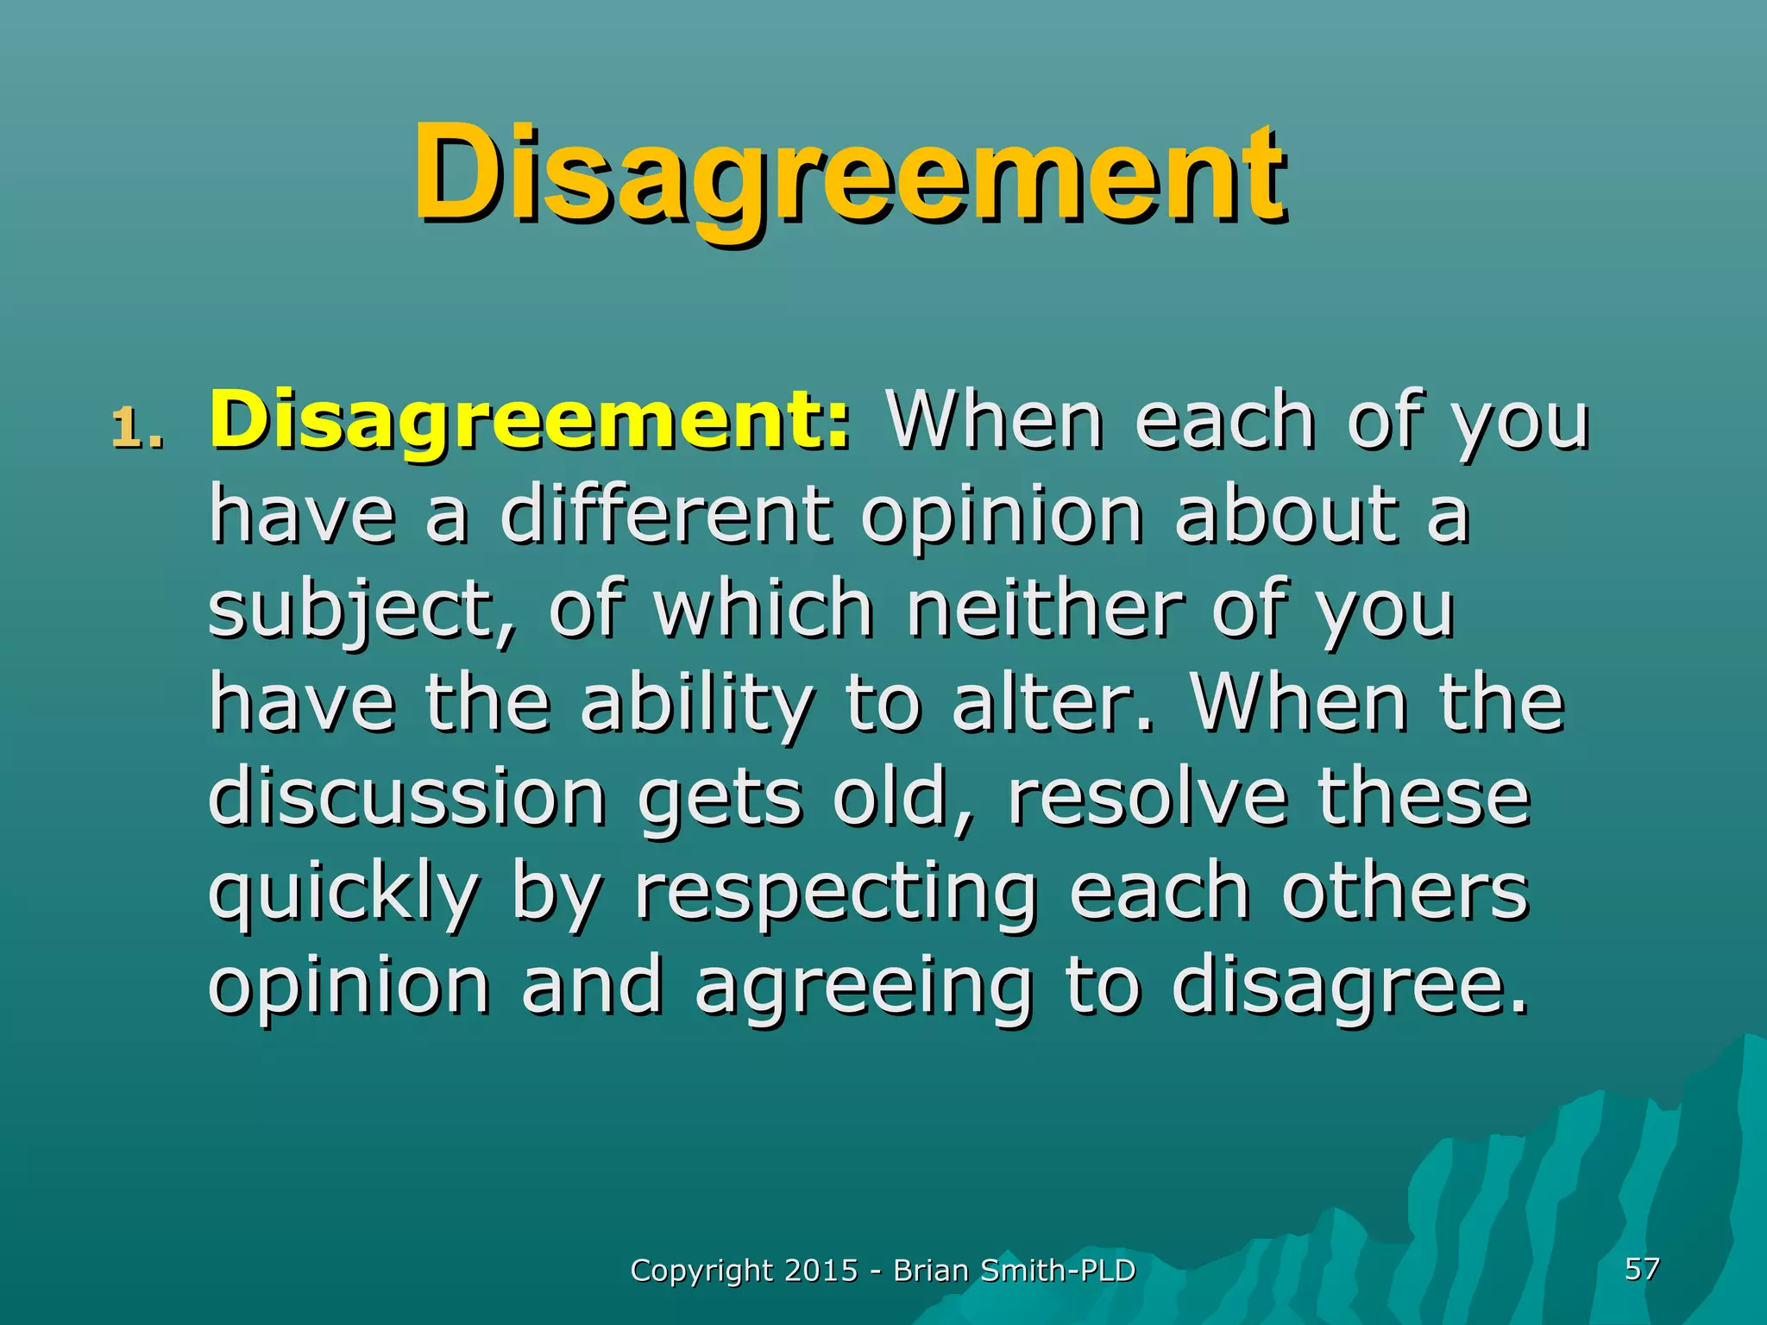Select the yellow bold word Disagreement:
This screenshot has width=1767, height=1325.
click(530, 421)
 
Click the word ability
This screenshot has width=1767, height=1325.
click(696, 706)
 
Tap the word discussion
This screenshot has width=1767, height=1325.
click(407, 797)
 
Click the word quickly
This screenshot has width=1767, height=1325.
click(343, 894)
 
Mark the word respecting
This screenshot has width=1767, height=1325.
click(835, 894)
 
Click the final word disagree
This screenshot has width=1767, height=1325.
click(1349, 988)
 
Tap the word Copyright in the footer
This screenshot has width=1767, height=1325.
click(701, 1271)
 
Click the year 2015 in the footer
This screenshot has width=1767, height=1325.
click(821, 1270)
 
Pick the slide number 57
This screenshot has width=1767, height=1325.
click(1642, 1268)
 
